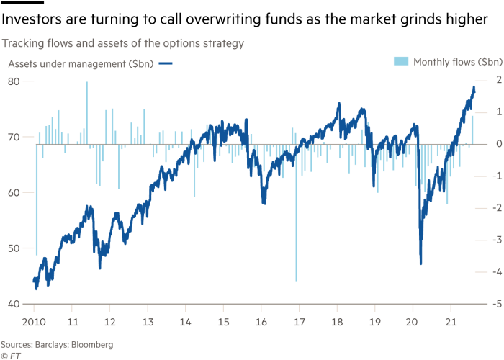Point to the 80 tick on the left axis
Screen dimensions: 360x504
(x=13, y=81)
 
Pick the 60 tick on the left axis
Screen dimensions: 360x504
(x=13, y=192)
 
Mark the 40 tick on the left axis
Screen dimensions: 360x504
(x=13, y=304)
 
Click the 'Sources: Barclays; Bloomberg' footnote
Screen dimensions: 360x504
(x=57, y=345)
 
